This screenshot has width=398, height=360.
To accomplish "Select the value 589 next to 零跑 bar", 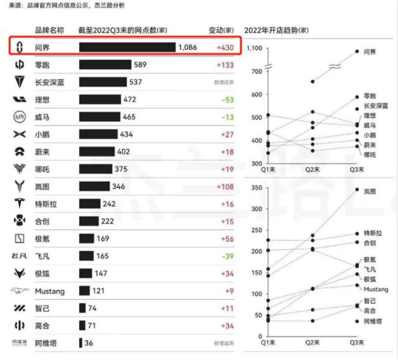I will pyautogui.click(x=140, y=65).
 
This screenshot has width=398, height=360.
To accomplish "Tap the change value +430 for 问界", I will pyautogui.click(x=225, y=48).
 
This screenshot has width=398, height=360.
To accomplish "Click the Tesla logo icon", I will pyautogui.click(x=20, y=221).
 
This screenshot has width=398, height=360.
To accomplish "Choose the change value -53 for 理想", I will pyautogui.click(x=227, y=99).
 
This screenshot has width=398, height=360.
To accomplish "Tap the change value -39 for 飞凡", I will pyautogui.click(x=227, y=255).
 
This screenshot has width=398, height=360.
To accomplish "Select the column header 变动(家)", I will pyautogui.click(x=221, y=30).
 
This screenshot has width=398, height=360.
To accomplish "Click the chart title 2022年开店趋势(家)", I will pyautogui.click(x=277, y=30).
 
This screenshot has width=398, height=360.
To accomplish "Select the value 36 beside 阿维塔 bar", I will pyautogui.click(x=89, y=343).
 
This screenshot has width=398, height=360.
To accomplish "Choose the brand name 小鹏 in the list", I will pyautogui.click(x=43, y=135).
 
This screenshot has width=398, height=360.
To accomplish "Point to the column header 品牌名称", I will pyautogui.click(x=49, y=30).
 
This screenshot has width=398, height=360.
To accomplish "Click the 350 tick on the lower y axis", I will pyautogui.click(x=256, y=188).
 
